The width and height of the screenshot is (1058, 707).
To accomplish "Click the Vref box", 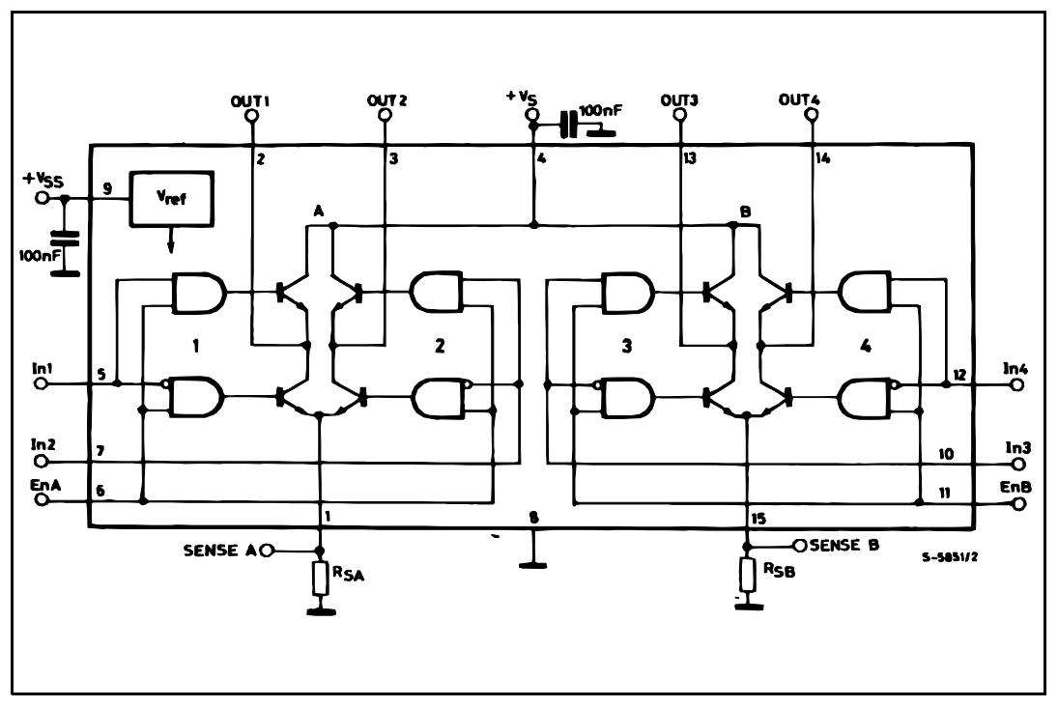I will (x=173, y=201).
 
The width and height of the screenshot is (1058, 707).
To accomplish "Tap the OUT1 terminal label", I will (x=250, y=100).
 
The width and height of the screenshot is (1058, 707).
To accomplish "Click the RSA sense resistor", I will (x=321, y=579).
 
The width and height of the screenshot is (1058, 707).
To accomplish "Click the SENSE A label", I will (x=219, y=551).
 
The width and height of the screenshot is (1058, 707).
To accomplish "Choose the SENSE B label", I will (x=844, y=545).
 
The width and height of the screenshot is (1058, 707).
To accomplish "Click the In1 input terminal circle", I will (x=41, y=383).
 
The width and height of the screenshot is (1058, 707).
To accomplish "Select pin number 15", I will (x=758, y=519).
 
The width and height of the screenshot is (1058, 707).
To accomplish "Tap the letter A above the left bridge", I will (x=318, y=210).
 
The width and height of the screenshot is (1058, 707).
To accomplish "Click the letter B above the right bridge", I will (x=745, y=210).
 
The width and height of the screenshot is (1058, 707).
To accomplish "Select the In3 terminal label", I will (x=1016, y=447).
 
